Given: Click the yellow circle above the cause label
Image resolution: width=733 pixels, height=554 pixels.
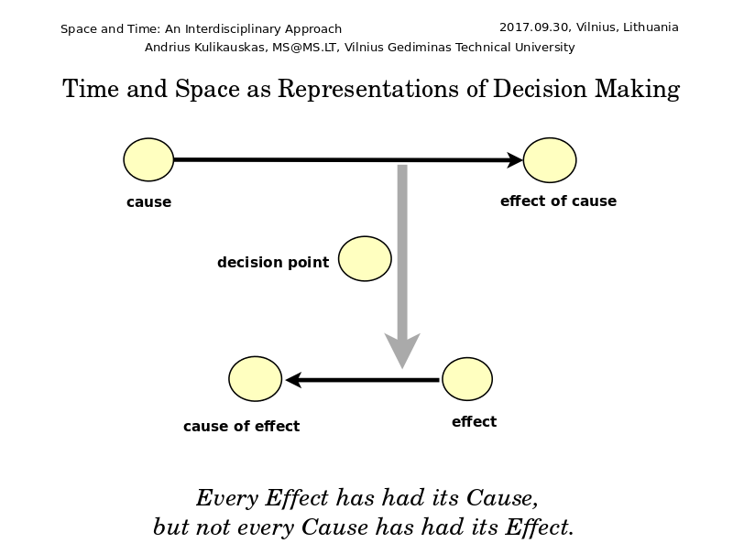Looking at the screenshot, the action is (148, 159).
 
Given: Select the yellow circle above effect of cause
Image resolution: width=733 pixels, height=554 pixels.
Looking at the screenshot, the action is (550, 159).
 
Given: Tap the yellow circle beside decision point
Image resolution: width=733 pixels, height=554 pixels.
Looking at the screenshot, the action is (365, 259).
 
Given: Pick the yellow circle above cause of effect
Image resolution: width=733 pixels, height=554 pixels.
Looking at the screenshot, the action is (256, 379).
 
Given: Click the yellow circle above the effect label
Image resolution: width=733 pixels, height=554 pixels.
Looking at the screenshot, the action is (467, 379).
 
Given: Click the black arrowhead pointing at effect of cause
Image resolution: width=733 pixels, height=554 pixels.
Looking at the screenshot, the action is (515, 159).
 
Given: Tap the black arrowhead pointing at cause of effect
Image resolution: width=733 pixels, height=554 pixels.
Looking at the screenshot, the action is (293, 380).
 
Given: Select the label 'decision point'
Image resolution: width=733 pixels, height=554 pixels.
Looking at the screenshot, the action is (273, 263).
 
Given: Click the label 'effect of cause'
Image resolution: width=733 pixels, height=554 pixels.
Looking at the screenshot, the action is (558, 201).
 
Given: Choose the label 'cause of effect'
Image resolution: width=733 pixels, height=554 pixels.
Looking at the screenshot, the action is (241, 426).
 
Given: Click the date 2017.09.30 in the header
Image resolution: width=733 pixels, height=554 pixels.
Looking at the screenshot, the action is (534, 27).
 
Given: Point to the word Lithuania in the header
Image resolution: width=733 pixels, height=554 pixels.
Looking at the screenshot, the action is (651, 27).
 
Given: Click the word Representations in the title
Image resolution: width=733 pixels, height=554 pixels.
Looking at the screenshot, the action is (368, 89).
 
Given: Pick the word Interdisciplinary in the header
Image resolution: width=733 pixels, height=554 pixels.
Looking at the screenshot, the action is (234, 29).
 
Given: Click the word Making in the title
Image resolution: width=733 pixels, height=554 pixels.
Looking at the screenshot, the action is (637, 89).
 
